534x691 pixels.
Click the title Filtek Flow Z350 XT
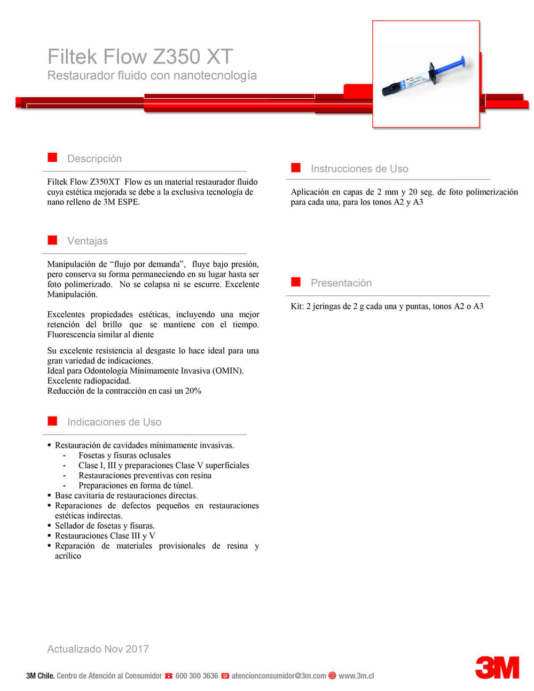[140, 57]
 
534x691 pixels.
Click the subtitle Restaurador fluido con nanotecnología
[152, 76]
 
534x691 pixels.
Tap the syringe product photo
[426, 74]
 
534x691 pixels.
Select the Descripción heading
[95, 159]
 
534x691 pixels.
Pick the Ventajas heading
[88, 241]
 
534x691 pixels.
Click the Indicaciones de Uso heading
[114, 422]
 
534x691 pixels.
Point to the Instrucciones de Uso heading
[359, 169]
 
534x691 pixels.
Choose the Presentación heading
[341, 283]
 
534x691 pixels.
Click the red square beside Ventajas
[52, 240]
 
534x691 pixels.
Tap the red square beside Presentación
[296, 282]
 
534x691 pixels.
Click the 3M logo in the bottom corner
[497, 668]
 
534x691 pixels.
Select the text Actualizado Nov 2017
[98, 649]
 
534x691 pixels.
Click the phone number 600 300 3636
[197, 676]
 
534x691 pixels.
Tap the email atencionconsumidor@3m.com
[279, 676]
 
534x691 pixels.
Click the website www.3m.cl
[356, 676]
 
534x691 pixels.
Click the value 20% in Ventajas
[193, 391]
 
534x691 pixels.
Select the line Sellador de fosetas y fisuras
[105, 525]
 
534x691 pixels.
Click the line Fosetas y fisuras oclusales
[124, 456]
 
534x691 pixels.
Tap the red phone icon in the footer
[169, 676]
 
